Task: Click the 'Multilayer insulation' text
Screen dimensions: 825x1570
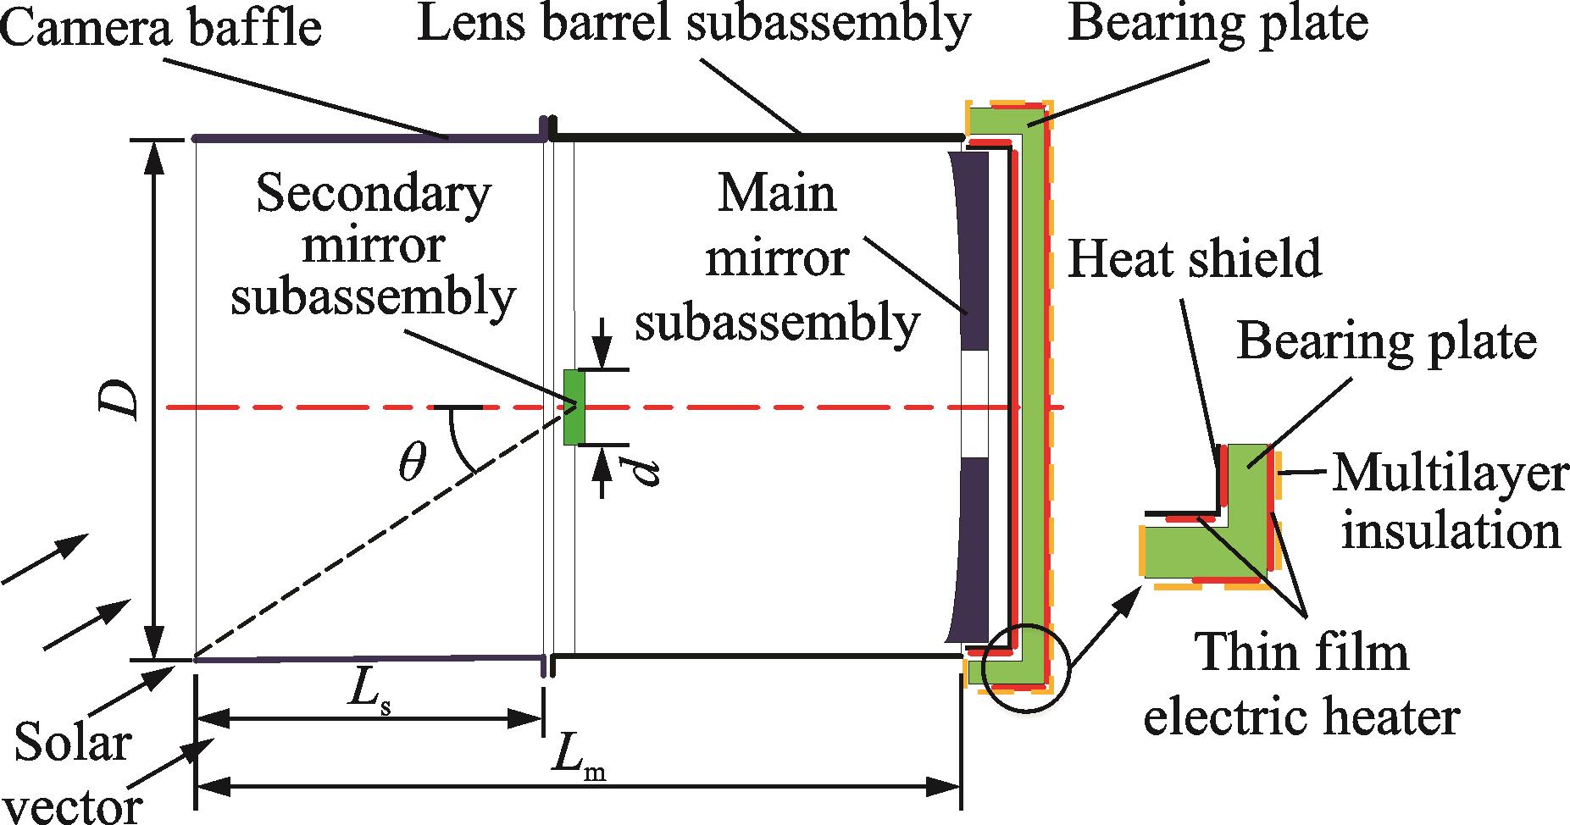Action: point(1449,502)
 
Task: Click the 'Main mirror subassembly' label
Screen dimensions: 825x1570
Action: point(777,257)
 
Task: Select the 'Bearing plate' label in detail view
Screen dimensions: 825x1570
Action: point(1386,342)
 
